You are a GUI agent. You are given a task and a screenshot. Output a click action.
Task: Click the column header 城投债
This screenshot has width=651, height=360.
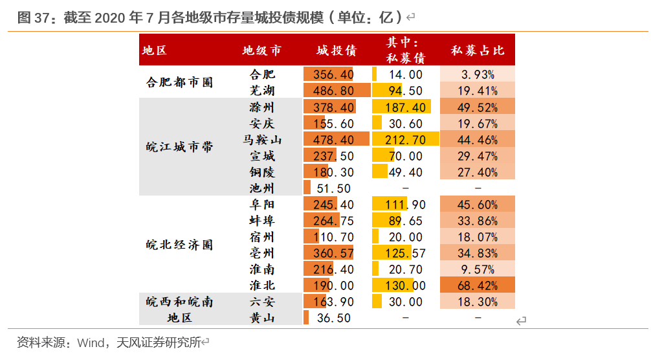(337, 50)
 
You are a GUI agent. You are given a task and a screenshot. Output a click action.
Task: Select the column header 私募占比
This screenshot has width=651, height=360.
(478, 50)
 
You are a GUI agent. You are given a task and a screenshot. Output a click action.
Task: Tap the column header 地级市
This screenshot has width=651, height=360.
(261, 50)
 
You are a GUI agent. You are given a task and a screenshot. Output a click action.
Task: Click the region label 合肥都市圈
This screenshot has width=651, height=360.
(179, 82)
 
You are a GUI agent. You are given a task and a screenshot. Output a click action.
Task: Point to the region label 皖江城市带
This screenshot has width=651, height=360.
(179, 147)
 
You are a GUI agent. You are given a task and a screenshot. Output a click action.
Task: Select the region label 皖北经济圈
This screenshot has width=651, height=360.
(179, 245)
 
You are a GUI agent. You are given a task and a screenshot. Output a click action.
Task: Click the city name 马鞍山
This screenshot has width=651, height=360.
(262, 139)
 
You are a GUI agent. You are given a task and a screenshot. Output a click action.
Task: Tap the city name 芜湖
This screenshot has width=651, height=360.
(262, 91)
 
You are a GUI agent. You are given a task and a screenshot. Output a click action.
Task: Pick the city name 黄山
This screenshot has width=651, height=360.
(262, 318)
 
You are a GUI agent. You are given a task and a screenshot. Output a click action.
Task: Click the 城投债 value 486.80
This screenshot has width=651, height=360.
(333, 91)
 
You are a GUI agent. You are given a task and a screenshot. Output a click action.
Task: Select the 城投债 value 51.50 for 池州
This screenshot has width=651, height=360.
(333, 188)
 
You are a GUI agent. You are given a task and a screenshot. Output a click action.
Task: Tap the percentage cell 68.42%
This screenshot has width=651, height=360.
(478, 286)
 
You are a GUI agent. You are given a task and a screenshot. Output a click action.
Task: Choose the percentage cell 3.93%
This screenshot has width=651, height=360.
(478, 74)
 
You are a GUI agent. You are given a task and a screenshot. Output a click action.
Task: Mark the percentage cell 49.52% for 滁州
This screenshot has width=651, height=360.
(478, 107)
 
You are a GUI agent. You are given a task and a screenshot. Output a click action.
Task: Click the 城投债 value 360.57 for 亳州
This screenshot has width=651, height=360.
(333, 253)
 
